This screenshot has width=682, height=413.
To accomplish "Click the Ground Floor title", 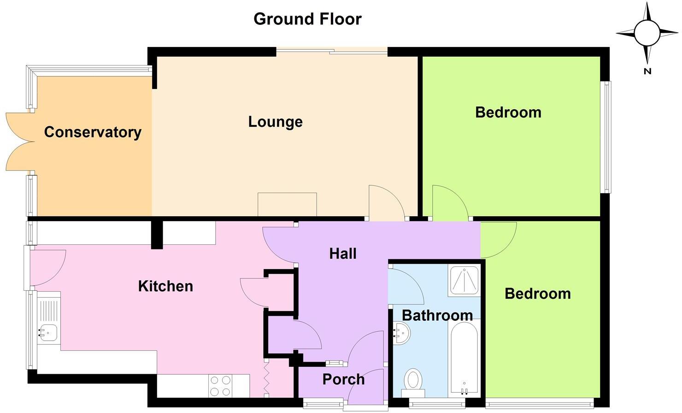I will (x=307, y=19).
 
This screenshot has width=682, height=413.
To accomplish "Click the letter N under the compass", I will (x=647, y=71).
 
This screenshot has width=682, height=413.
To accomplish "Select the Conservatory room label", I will (x=93, y=132).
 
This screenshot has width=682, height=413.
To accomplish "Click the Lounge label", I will (x=275, y=122).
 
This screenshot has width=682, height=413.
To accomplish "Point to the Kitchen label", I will (x=165, y=286).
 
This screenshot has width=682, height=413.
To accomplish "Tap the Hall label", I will (x=343, y=254).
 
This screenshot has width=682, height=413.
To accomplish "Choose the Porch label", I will (x=343, y=379).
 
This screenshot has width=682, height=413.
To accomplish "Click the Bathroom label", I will (x=437, y=315).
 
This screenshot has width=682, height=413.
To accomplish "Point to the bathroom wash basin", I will (x=401, y=333).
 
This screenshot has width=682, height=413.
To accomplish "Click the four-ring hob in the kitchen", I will (x=220, y=386).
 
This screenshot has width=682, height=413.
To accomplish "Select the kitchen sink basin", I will (x=47, y=332).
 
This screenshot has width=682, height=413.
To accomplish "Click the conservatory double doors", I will (x=19, y=142).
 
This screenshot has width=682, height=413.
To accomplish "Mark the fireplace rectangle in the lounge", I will (x=287, y=204).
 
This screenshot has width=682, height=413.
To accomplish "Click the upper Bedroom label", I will (x=508, y=112).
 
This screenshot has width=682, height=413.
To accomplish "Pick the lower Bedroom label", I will (x=537, y=294).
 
